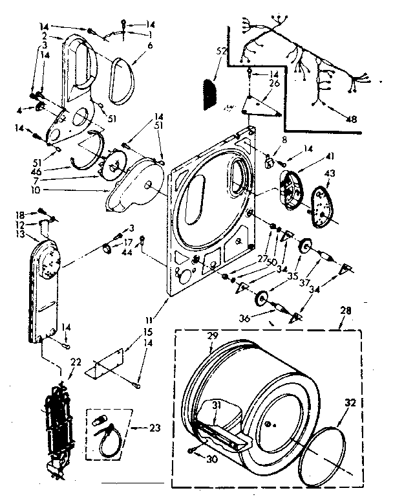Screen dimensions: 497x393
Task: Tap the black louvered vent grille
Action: click(x=209, y=92)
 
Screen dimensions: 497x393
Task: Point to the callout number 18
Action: click(x=21, y=214)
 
